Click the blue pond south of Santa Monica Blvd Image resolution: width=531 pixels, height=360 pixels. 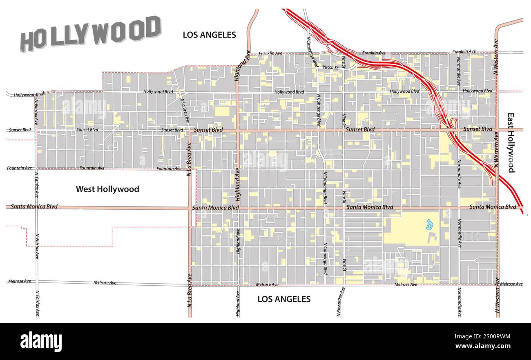[430, 224]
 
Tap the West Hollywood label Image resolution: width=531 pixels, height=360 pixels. [107, 189]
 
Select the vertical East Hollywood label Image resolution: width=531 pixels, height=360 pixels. [511, 143]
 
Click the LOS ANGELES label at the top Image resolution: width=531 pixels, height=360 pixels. [209, 35]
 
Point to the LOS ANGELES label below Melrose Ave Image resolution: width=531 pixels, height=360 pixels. [283, 299]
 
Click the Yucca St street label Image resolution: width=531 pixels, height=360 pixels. [330, 67]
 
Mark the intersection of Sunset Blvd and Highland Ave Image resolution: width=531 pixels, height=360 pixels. [237, 130]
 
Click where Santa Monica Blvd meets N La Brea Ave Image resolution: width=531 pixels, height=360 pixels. [190, 208]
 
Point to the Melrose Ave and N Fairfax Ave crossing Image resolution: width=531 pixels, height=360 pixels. [37, 281]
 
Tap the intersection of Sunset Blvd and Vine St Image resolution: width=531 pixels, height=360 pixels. [344, 130]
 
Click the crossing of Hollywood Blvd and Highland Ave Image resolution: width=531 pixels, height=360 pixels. [237, 91]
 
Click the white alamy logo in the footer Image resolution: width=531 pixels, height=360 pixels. [41, 341]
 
